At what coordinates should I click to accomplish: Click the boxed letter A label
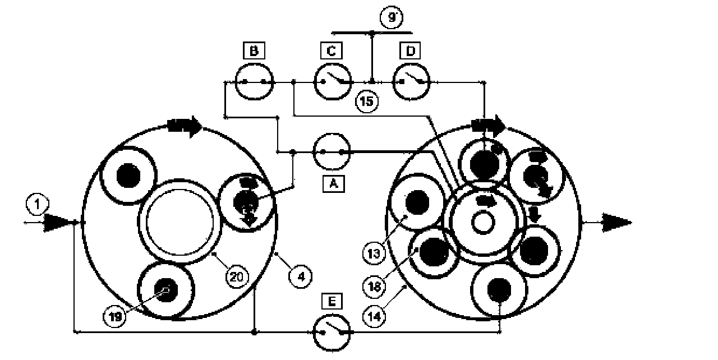pos(333,184)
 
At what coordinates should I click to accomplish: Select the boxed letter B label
pos(254,52)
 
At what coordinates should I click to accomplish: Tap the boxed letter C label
pos(332,52)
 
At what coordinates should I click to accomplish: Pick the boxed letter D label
pos(410,52)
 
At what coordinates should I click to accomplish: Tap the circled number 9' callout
pos(390,17)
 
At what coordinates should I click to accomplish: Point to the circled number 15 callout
pos(367,101)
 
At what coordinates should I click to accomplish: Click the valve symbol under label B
pos(253,81)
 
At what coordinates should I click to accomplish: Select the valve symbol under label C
pos(332,81)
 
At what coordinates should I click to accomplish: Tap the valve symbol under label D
pos(410,81)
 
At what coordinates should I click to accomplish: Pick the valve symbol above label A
pos(332,152)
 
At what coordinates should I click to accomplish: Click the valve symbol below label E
pos(332,333)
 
